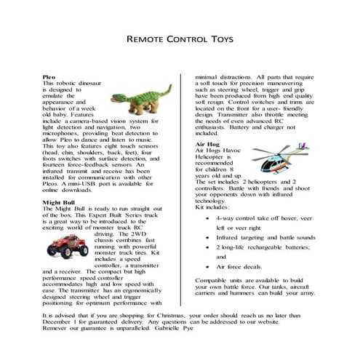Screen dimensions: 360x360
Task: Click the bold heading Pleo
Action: pyautogui.click(x=49, y=76)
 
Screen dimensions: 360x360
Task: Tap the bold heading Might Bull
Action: pyautogui.click(x=58, y=200)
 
